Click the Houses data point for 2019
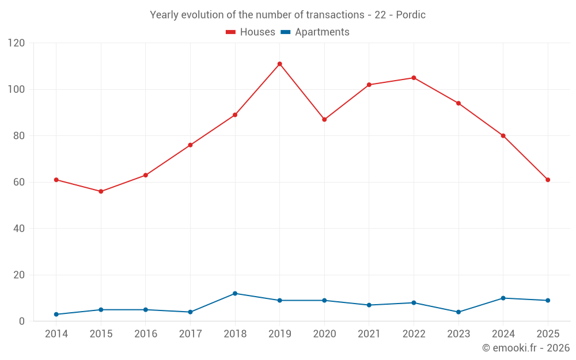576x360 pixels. (280, 64)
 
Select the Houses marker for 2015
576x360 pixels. (101, 191)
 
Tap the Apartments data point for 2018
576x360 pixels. (235, 294)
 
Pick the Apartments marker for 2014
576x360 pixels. (56, 314)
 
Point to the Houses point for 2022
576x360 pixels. (414, 78)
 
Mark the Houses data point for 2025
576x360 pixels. (548, 180)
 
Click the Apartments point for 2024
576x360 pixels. (503, 298)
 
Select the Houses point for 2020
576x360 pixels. (324, 119)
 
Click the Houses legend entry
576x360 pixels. (251, 32)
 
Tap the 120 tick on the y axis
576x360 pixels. (17, 43)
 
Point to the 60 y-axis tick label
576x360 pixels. (19, 182)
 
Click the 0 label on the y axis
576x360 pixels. (22, 321)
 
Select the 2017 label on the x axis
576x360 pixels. (190, 334)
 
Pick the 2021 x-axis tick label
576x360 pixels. (369, 334)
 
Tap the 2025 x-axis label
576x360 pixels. (548, 334)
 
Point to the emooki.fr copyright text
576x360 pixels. (526, 348)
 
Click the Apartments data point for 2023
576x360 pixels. (458, 312)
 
